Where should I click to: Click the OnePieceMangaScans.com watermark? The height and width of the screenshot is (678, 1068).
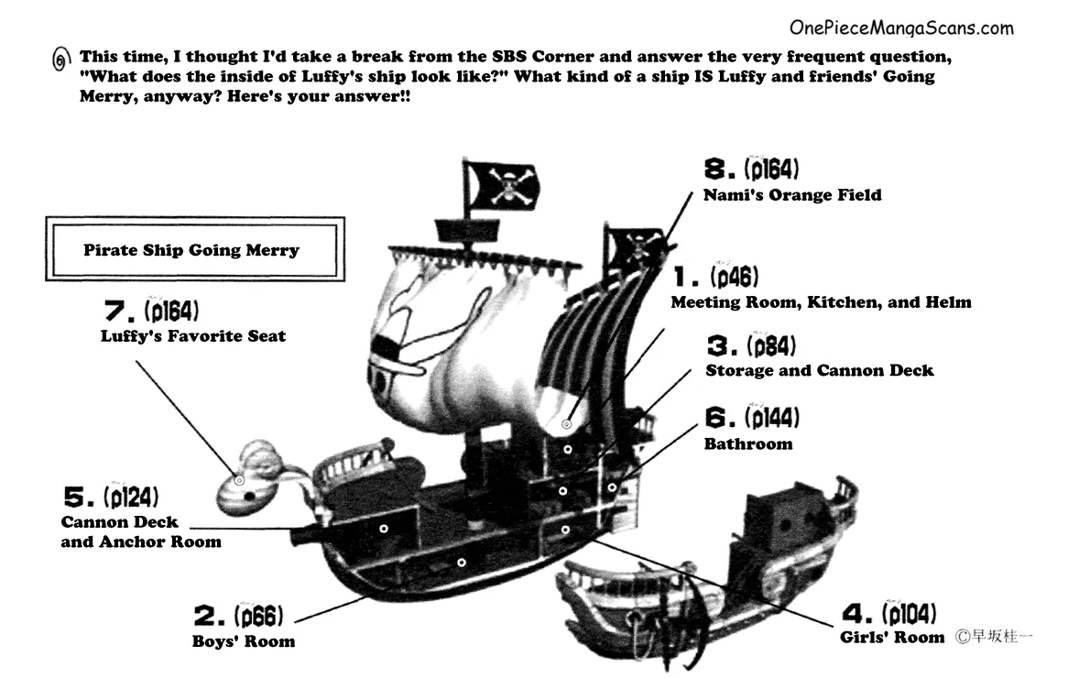click(x=901, y=28)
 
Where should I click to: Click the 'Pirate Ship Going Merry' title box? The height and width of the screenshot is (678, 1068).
click(x=191, y=249)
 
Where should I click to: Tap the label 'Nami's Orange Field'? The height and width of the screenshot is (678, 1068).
click(x=792, y=195)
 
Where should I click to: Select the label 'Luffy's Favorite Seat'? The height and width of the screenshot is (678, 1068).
click(x=193, y=336)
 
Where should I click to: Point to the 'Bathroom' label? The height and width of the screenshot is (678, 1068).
click(x=748, y=444)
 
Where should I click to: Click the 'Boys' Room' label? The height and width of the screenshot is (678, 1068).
click(x=244, y=641)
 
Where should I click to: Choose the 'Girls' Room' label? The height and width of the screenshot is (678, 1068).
click(x=891, y=637)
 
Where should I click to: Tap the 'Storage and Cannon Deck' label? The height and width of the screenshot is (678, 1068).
click(x=820, y=371)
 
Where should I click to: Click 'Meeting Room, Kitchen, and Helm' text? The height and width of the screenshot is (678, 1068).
click(x=821, y=302)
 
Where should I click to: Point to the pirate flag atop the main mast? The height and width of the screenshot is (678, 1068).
click(x=501, y=184)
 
